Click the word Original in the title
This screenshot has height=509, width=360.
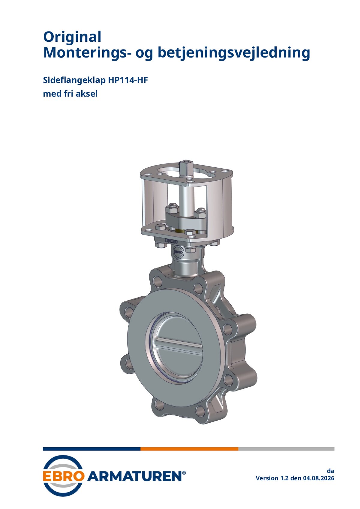pos(72,37)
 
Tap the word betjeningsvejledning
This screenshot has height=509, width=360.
pos(234,53)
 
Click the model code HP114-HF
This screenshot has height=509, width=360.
pos(128,80)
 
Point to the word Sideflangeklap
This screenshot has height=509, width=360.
pos(74,80)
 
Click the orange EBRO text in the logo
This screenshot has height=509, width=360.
pos(64,476)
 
